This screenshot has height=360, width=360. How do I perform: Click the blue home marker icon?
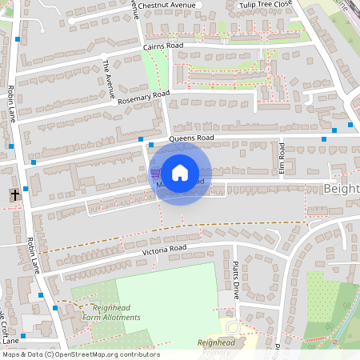[180, 173]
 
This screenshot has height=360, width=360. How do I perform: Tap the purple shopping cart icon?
[155, 172]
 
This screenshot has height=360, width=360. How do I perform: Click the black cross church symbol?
[14, 194]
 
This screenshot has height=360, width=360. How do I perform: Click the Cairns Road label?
[163, 46]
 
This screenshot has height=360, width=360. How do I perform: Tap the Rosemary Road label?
[144, 97]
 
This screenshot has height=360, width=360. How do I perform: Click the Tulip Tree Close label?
[266, 5]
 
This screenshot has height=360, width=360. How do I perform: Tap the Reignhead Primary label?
[217, 346]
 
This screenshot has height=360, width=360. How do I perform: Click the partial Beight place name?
[342, 189]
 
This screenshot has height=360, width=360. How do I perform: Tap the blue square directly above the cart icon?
[150, 145]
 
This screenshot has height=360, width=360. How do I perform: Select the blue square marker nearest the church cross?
[26, 189]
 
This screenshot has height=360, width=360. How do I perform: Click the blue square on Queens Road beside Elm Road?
[323, 139]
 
